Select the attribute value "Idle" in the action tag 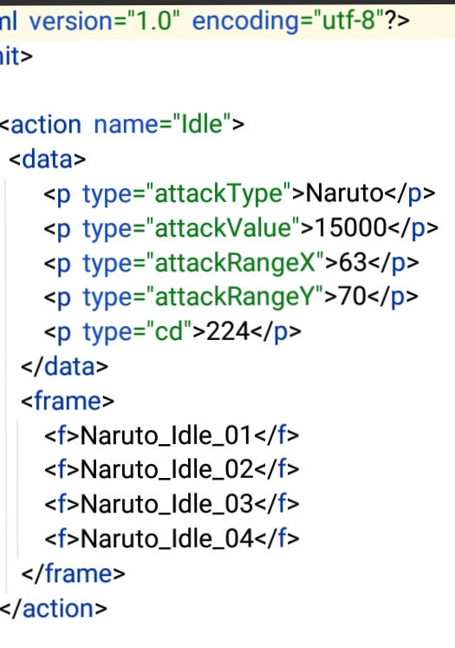point(201,124)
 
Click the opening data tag point(47,159)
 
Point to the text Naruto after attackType point(344,193)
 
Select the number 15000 point(350,227)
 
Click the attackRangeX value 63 point(353,262)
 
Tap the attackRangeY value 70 point(352,297)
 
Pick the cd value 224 point(227,331)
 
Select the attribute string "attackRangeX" point(236,262)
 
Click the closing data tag point(65,367)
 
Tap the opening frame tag point(68,401)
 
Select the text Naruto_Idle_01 point(166,435)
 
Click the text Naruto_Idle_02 point(166,470)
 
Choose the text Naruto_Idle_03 point(166,504)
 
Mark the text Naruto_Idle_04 point(166,539)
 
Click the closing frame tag point(73,573)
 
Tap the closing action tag point(53,608)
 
